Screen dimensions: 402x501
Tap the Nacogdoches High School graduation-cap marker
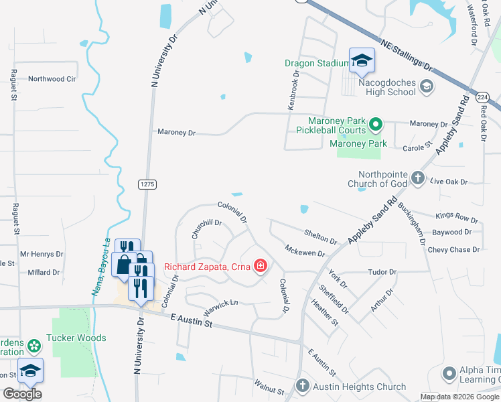(362, 62)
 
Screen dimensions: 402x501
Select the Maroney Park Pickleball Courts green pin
(376, 124)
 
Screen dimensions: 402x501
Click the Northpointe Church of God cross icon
(418, 178)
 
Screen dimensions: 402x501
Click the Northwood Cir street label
(52, 79)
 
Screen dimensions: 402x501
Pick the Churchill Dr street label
(206, 228)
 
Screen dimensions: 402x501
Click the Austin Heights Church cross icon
(302, 386)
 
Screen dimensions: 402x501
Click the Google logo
(23, 394)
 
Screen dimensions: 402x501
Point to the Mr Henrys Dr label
(42, 255)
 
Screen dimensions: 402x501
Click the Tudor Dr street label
(382, 272)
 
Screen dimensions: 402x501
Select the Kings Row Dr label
(457, 218)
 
